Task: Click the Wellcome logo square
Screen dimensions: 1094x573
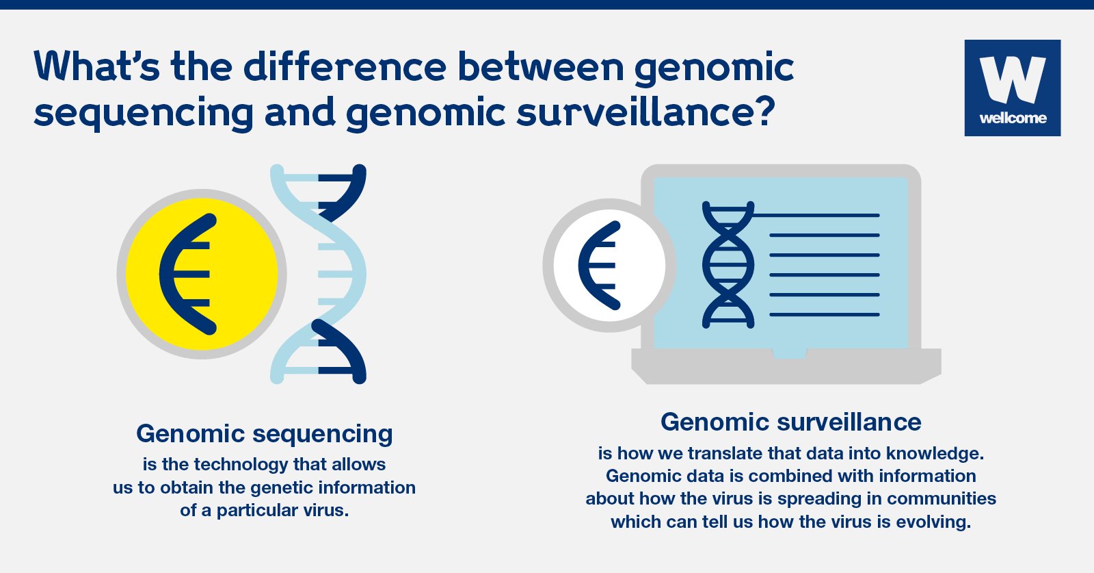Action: tap(1013, 88)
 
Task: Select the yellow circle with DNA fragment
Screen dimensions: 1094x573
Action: tap(202, 275)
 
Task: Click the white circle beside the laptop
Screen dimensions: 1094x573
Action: tap(609, 266)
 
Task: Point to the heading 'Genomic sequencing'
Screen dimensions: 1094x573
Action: tap(264, 433)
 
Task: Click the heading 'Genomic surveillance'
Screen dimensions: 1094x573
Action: tap(790, 422)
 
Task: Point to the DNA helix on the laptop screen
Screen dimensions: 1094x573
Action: tap(728, 264)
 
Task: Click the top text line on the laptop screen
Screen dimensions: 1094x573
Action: tap(816, 215)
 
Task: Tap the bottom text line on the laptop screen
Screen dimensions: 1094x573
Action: tap(825, 315)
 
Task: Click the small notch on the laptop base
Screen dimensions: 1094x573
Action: tap(789, 353)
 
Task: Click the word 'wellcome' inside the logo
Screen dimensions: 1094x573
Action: tap(1013, 118)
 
